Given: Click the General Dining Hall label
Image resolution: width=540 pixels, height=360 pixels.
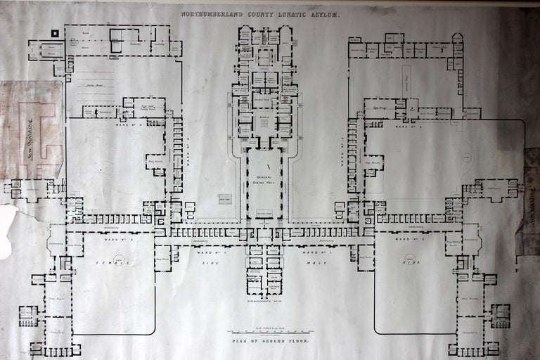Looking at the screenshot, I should tap(263, 179).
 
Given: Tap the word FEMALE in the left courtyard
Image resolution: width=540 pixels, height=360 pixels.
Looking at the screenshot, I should tap(108, 260).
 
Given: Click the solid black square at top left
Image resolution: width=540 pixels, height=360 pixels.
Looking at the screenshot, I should tap(55, 33).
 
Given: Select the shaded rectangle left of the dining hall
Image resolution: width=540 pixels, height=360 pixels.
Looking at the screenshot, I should tap(224, 199).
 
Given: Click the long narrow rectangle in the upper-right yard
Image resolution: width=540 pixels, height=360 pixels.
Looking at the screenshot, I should tap(406, 82).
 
